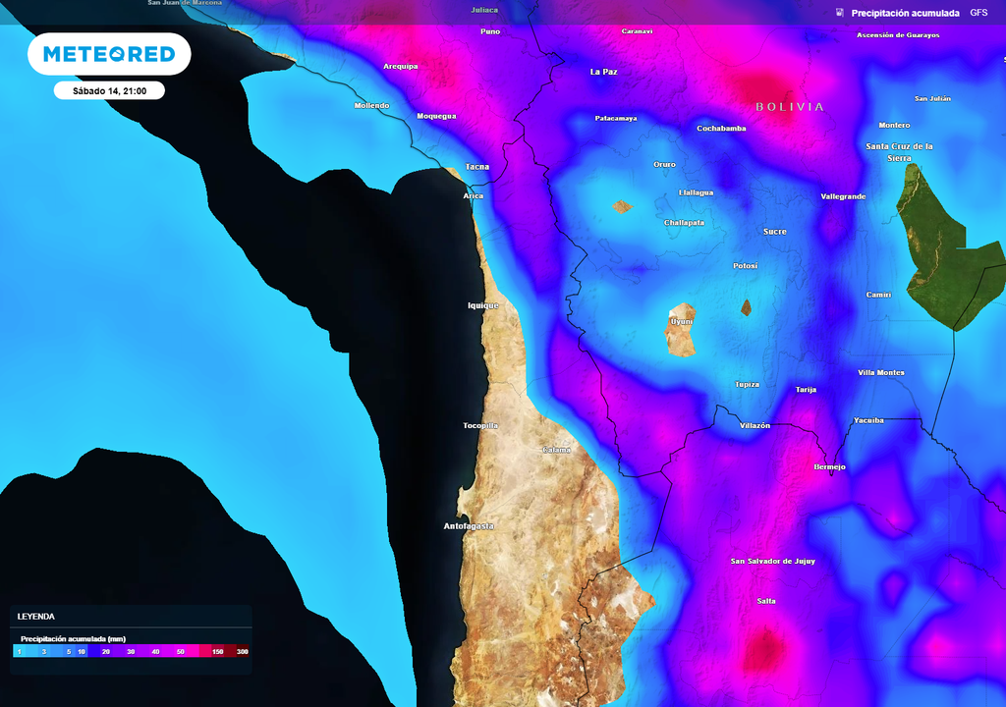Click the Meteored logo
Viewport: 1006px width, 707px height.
coord(108,54)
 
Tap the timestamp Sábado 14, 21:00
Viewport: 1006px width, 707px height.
coord(109,90)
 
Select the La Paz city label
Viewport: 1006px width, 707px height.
coord(603,72)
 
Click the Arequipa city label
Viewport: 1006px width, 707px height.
coord(400,67)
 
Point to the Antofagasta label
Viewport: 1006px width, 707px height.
coord(469,526)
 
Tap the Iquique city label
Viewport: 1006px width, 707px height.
coord(482,305)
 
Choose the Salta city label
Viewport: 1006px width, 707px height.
coord(766,600)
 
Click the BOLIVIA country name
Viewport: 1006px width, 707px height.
coord(790,106)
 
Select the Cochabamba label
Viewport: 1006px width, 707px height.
coord(721,129)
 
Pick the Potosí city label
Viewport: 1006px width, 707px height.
coord(746,266)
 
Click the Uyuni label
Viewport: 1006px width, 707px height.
coord(681,321)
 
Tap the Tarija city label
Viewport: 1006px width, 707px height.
coord(806,390)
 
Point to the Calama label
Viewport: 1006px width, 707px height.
coord(556,450)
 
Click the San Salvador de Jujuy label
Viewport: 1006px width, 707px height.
coord(774,562)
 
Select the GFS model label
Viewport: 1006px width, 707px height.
coord(978,13)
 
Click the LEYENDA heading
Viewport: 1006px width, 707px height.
coord(36,617)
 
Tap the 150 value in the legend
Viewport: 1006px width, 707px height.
coord(218,652)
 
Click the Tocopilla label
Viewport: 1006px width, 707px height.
coord(480,426)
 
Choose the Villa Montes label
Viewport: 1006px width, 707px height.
coord(881,372)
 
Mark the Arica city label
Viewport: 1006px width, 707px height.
coord(473,196)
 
